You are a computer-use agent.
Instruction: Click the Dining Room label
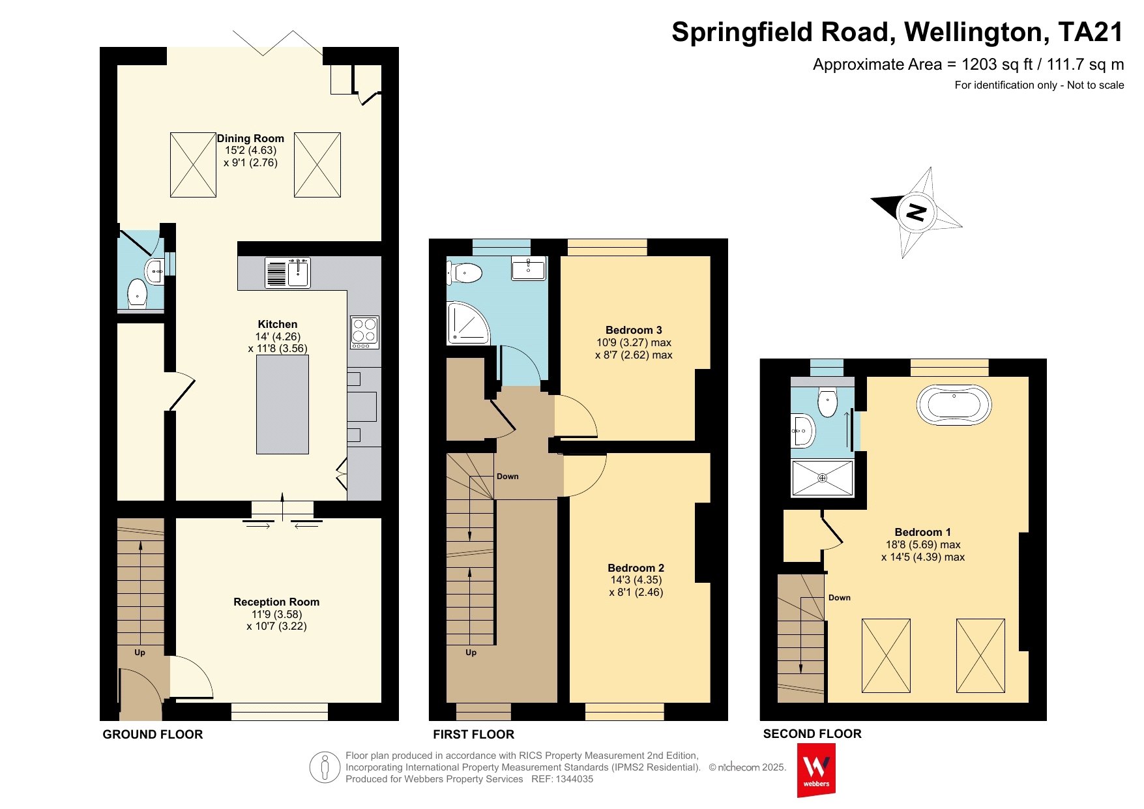click(x=250, y=138)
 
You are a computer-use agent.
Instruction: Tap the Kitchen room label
click(x=278, y=324)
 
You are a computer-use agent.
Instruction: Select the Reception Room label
click(x=276, y=602)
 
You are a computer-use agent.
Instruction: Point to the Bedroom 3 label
click(x=634, y=330)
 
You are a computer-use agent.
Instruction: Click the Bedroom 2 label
click(x=636, y=568)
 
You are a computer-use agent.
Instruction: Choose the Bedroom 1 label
click(x=922, y=532)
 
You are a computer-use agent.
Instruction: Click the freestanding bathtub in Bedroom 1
click(x=954, y=405)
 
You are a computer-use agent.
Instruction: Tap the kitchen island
click(x=282, y=404)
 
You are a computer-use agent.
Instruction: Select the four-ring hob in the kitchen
click(x=364, y=332)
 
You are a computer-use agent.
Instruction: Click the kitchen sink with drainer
click(x=287, y=272)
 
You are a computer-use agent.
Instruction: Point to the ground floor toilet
click(x=138, y=293)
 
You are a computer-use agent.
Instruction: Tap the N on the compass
click(x=917, y=212)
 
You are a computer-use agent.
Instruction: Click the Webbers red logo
click(x=816, y=770)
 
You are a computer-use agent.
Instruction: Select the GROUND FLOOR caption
click(x=153, y=735)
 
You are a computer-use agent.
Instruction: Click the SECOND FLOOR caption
click(x=812, y=734)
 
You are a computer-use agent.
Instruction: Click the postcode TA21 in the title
click(x=1091, y=32)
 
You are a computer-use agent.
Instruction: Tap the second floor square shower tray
click(x=822, y=478)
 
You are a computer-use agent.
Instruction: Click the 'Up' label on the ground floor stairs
click(x=139, y=653)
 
